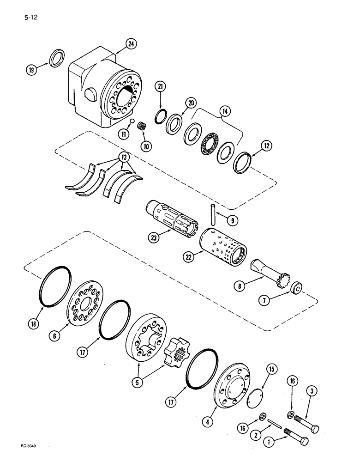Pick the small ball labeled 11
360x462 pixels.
[x=132, y=121]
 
